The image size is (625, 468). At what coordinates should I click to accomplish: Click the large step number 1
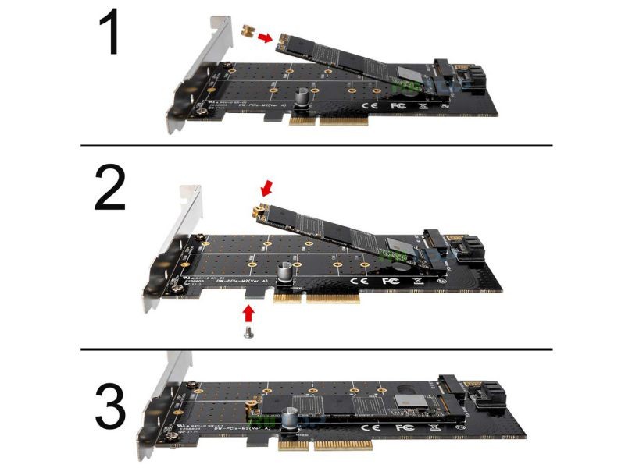click(x=109, y=35)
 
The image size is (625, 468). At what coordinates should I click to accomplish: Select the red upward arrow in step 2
click(x=249, y=312)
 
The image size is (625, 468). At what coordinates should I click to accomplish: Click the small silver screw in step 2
click(x=249, y=332)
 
